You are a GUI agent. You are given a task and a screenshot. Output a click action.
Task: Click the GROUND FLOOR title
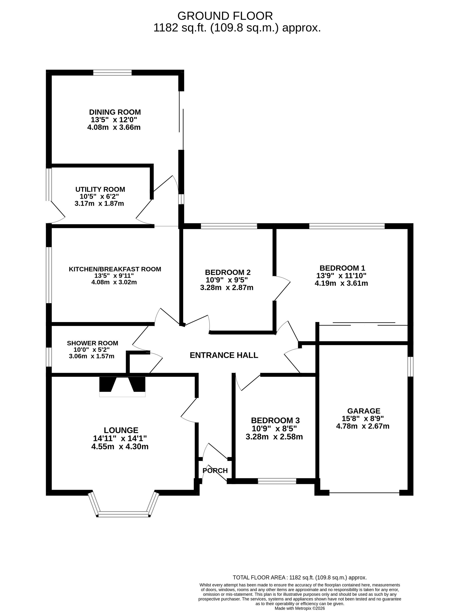click(x=225, y=16)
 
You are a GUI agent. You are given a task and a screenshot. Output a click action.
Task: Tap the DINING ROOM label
click(x=115, y=112)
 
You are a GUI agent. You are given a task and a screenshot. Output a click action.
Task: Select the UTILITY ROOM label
click(x=100, y=190)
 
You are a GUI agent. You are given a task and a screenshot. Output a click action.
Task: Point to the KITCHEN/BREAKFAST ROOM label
click(x=115, y=269)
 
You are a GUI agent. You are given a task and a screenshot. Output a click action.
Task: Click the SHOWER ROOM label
click(x=92, y=343)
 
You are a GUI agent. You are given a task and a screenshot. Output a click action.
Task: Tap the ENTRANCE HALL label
click(x=224, y=355)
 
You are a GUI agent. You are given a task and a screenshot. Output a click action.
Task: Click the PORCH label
click(x=215, y=471)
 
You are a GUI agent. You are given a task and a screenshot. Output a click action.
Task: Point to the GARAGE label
click(x=364, y=411)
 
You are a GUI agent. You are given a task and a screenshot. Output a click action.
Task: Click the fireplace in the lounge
click(x=122, y=386)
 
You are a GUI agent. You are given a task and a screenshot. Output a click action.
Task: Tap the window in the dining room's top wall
click(x=112, y=73)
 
